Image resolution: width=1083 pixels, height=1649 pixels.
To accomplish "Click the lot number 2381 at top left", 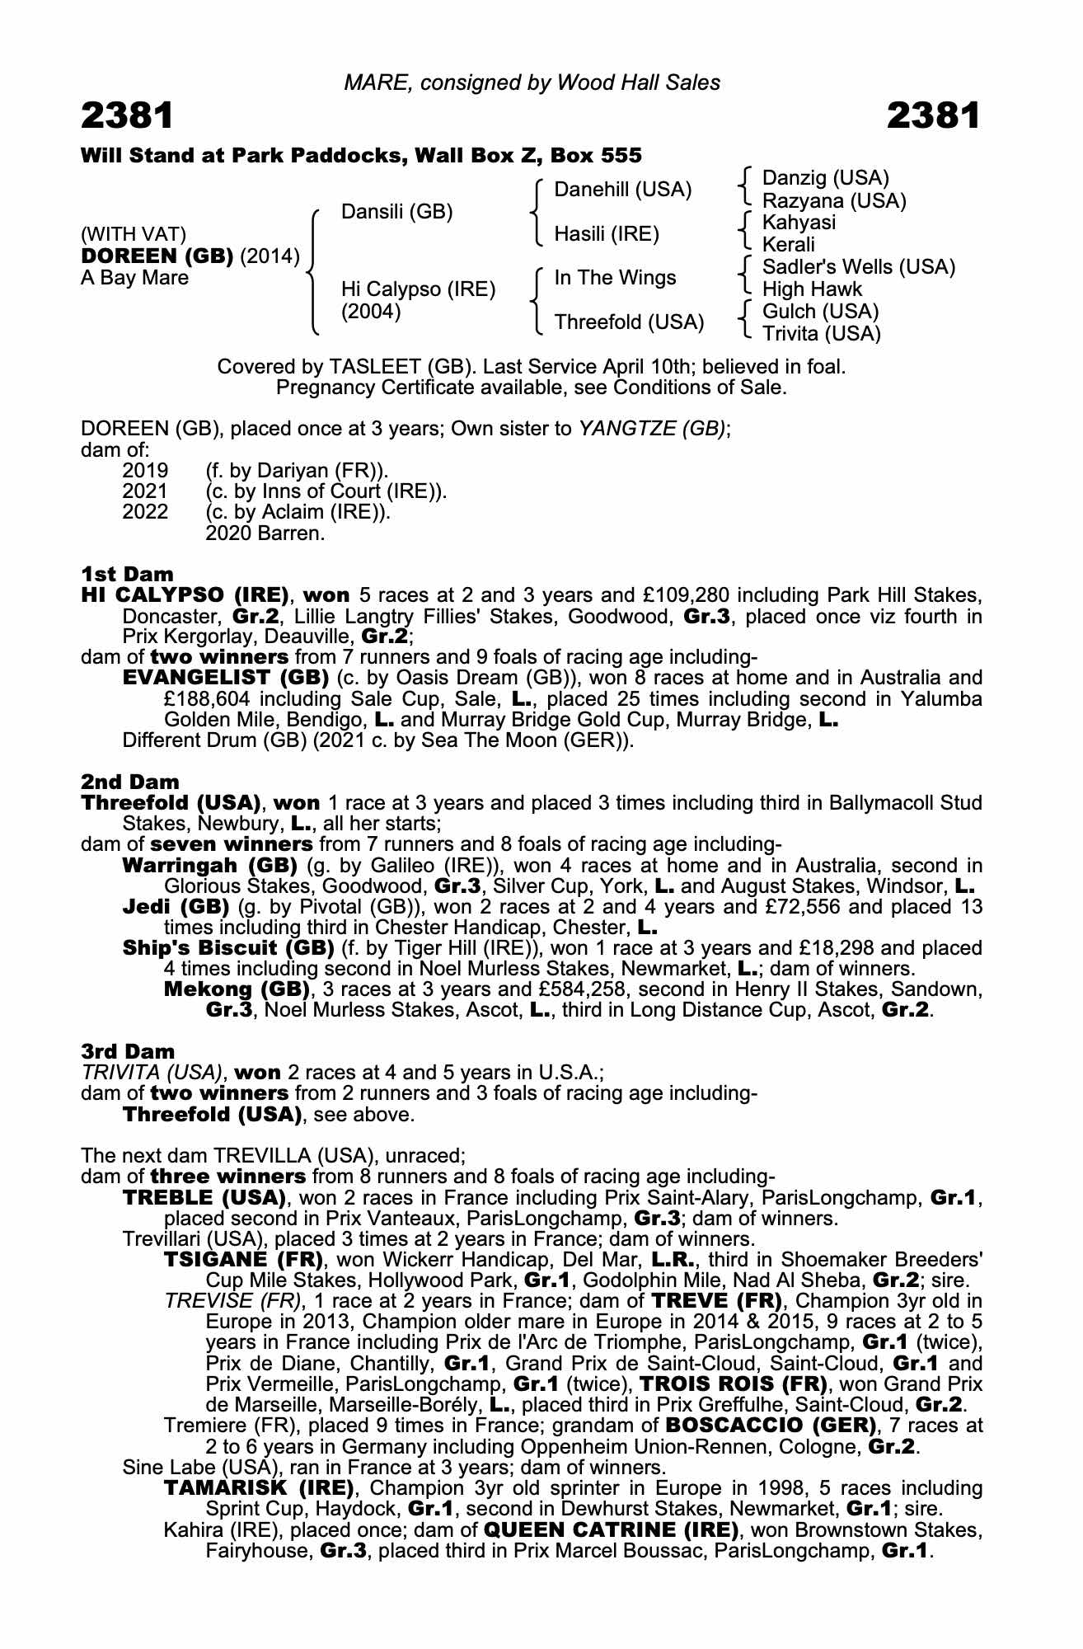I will pos(128,115).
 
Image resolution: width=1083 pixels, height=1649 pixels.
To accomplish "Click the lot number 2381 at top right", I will pos(933,115).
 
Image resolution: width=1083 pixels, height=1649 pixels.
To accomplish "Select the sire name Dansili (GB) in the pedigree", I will pos(396,212).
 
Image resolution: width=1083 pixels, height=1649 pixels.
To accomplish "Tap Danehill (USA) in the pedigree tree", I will pos(622,190).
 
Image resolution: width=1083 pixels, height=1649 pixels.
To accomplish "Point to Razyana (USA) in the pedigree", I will pos(834,200).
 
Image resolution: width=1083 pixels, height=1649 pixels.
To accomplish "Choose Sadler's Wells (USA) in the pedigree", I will pos(859,267).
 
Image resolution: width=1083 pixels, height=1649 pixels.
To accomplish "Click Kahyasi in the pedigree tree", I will pos(799,223).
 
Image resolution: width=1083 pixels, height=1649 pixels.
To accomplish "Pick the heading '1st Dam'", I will pos(127,574).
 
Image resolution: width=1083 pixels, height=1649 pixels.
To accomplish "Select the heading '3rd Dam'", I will pos(128,1051).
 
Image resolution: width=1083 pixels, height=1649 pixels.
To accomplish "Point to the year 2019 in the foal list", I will pos(145,471).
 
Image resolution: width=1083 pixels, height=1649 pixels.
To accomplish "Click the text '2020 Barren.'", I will pos(265,533).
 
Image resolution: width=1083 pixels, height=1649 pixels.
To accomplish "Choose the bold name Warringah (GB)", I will pos(209,866).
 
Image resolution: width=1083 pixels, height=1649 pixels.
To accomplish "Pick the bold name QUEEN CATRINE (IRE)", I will pos(610,1529).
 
